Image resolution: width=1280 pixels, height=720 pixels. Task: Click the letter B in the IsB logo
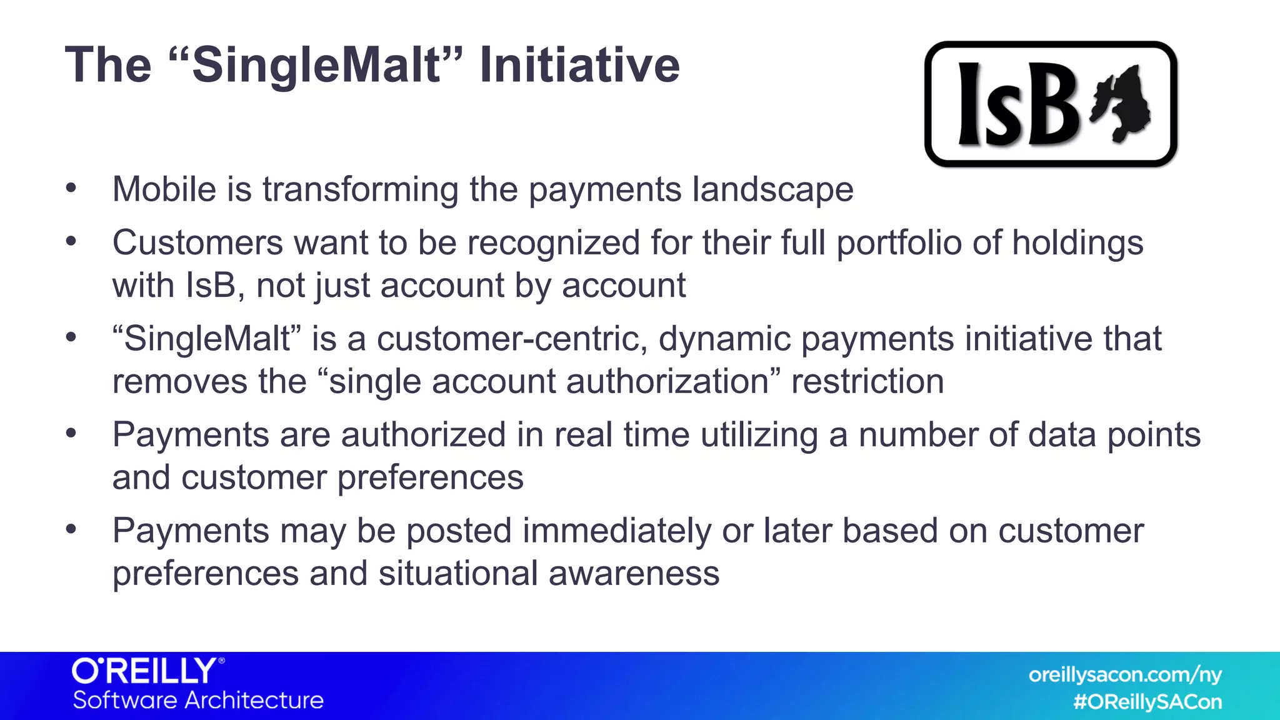(x=1052, y=105)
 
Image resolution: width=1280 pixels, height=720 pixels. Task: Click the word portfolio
(x=899, y=243)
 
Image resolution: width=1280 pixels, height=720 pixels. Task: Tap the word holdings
(x=1077, y=243)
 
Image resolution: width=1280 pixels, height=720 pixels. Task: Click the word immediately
(x=616, y=531)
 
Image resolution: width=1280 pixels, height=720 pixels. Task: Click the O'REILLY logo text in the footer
(x=146, y=671)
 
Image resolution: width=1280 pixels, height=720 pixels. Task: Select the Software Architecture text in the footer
(x=198, y=700)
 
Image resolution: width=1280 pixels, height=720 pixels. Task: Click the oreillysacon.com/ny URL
(x=1125, y=675)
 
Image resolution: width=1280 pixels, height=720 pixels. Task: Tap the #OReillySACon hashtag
(x=1147, y=702)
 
